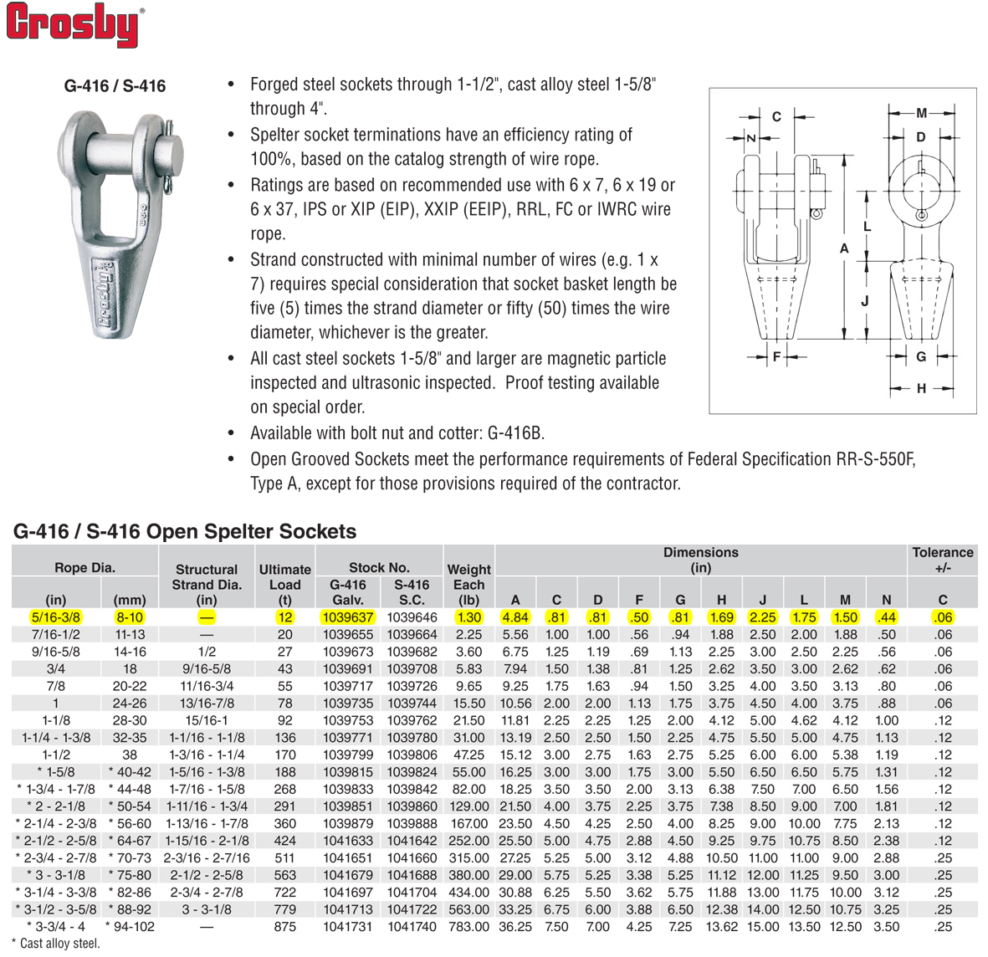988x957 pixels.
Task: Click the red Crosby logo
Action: pos(74,25)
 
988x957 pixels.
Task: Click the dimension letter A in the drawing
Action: pos(844,248)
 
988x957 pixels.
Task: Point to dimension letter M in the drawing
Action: pos(921,113)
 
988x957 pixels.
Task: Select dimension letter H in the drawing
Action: pos(921,388)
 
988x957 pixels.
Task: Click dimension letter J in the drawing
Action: pos(865,301)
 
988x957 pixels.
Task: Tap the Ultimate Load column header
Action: pos(284,584)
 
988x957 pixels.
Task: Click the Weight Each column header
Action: pos(468,584)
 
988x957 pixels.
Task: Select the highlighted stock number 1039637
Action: pos(348,617)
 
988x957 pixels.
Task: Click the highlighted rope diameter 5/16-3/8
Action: pos(55,617)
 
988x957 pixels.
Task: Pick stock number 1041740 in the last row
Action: pos(412,927)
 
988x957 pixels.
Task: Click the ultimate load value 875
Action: pos(284,927)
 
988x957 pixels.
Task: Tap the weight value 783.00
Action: pos(468,927)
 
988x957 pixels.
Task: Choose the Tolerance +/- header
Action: pos(942,560)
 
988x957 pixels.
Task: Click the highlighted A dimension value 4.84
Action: pos(515,617)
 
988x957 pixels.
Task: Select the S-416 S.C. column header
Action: pos(412,592)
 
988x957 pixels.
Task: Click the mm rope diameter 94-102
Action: pos(129,927)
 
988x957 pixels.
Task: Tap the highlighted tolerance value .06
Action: pos(943,617)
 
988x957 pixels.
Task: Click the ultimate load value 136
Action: pos(284,738)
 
